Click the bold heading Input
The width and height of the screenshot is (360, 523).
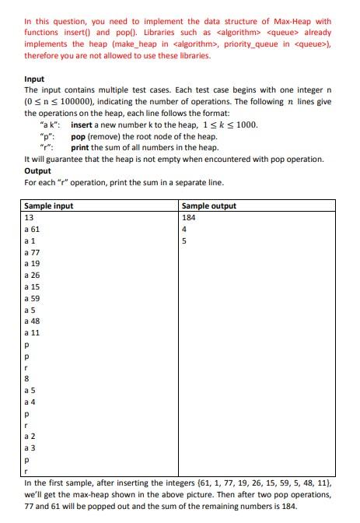pos(34,79)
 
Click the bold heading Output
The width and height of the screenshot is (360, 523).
pos(37,170)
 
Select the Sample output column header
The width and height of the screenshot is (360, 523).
pos(208,206)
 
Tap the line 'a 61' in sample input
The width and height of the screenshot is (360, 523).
pos(33,230)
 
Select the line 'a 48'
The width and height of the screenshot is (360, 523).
pos(33,320)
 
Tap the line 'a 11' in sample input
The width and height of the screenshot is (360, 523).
pos(33,332)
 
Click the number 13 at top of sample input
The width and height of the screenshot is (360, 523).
pos(30,218)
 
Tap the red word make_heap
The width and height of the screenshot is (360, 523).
pos(152,44)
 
